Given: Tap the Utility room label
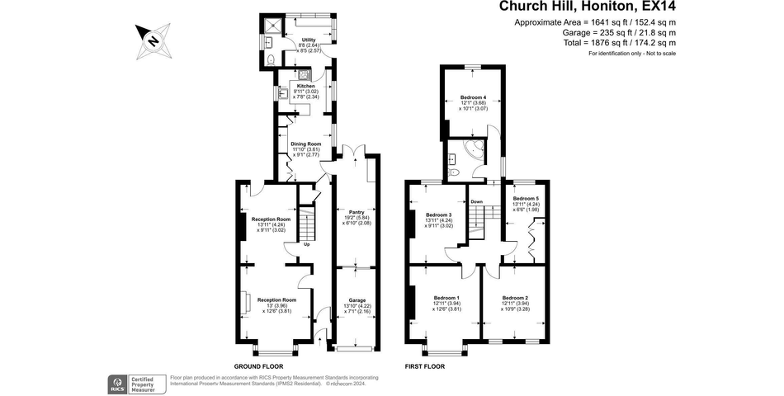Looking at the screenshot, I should tap(309, 40).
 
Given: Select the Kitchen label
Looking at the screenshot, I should tap(306, 86).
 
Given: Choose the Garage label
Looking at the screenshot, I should tap(357, 300).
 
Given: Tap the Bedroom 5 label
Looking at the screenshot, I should tap(525, 198).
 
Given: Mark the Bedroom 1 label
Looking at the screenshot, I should tap(446, 297).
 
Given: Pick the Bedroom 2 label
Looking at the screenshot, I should tap(515, 297).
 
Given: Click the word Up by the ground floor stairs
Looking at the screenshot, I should tap(306, 244).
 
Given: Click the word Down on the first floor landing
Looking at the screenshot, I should tap(476, 201).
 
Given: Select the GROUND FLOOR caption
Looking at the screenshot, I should tap(259, 366).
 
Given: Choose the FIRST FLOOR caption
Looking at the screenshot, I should tap(424, 366).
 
